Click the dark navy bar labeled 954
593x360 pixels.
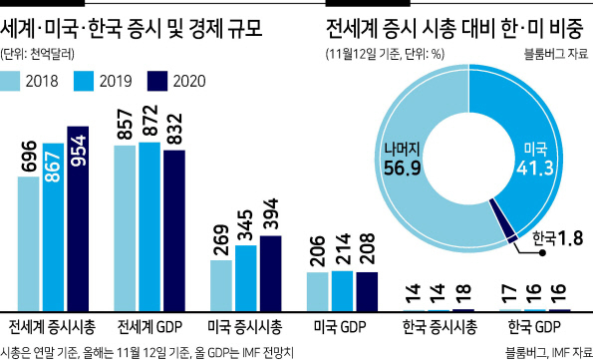tap(78, 218)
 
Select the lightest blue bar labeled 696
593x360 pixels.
tap(28, 243)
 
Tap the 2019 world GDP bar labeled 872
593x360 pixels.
tap(149, 227)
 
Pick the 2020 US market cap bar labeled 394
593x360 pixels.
tap(270, 273)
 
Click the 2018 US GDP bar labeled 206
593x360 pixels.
tap(318, 292)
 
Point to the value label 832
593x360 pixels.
tap(174, 129)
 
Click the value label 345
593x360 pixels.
tap(246, 225)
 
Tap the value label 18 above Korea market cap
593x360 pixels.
tap(463, 295)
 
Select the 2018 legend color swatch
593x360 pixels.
tap(9, 81)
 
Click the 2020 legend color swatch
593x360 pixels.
tap(157, 81)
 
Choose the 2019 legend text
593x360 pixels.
tap(116, 82)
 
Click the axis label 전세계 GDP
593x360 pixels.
tap(149, 327)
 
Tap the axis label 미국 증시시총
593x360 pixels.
tap(245, 327)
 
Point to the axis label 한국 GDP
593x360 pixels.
tap(534, 327)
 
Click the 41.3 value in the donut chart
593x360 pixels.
tap(535, 169)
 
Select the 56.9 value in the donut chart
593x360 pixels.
tap(402, 169)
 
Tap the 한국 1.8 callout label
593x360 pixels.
tap(557, 238)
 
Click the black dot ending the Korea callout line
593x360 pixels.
tap(542, 253)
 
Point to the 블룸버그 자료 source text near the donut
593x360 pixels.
tap(556, 54)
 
